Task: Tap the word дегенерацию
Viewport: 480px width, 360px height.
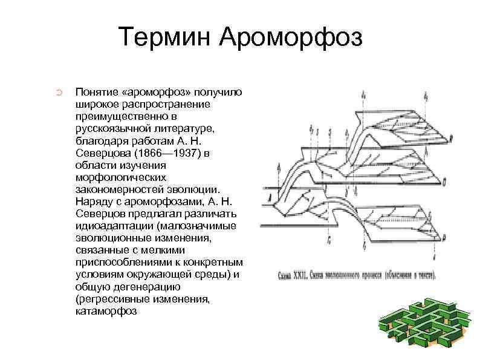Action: point(138,287)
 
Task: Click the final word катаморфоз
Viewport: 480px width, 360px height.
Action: point(106,311)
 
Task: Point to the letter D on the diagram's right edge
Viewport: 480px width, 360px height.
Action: point(444,180)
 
